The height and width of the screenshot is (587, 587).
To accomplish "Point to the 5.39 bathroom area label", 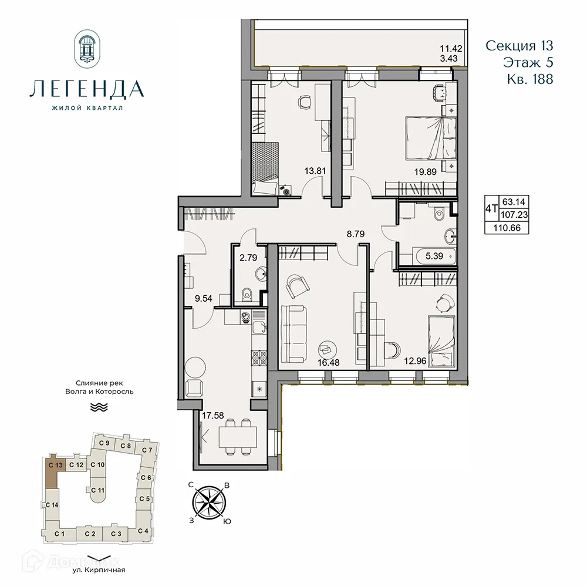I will point(434,256).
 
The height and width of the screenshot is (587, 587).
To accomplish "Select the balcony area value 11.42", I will point(452,49).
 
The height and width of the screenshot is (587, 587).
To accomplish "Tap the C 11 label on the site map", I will point(97,490).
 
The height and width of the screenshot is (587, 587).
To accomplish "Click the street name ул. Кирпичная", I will point(100,569).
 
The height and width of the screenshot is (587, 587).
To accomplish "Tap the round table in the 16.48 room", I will point(327,348).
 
